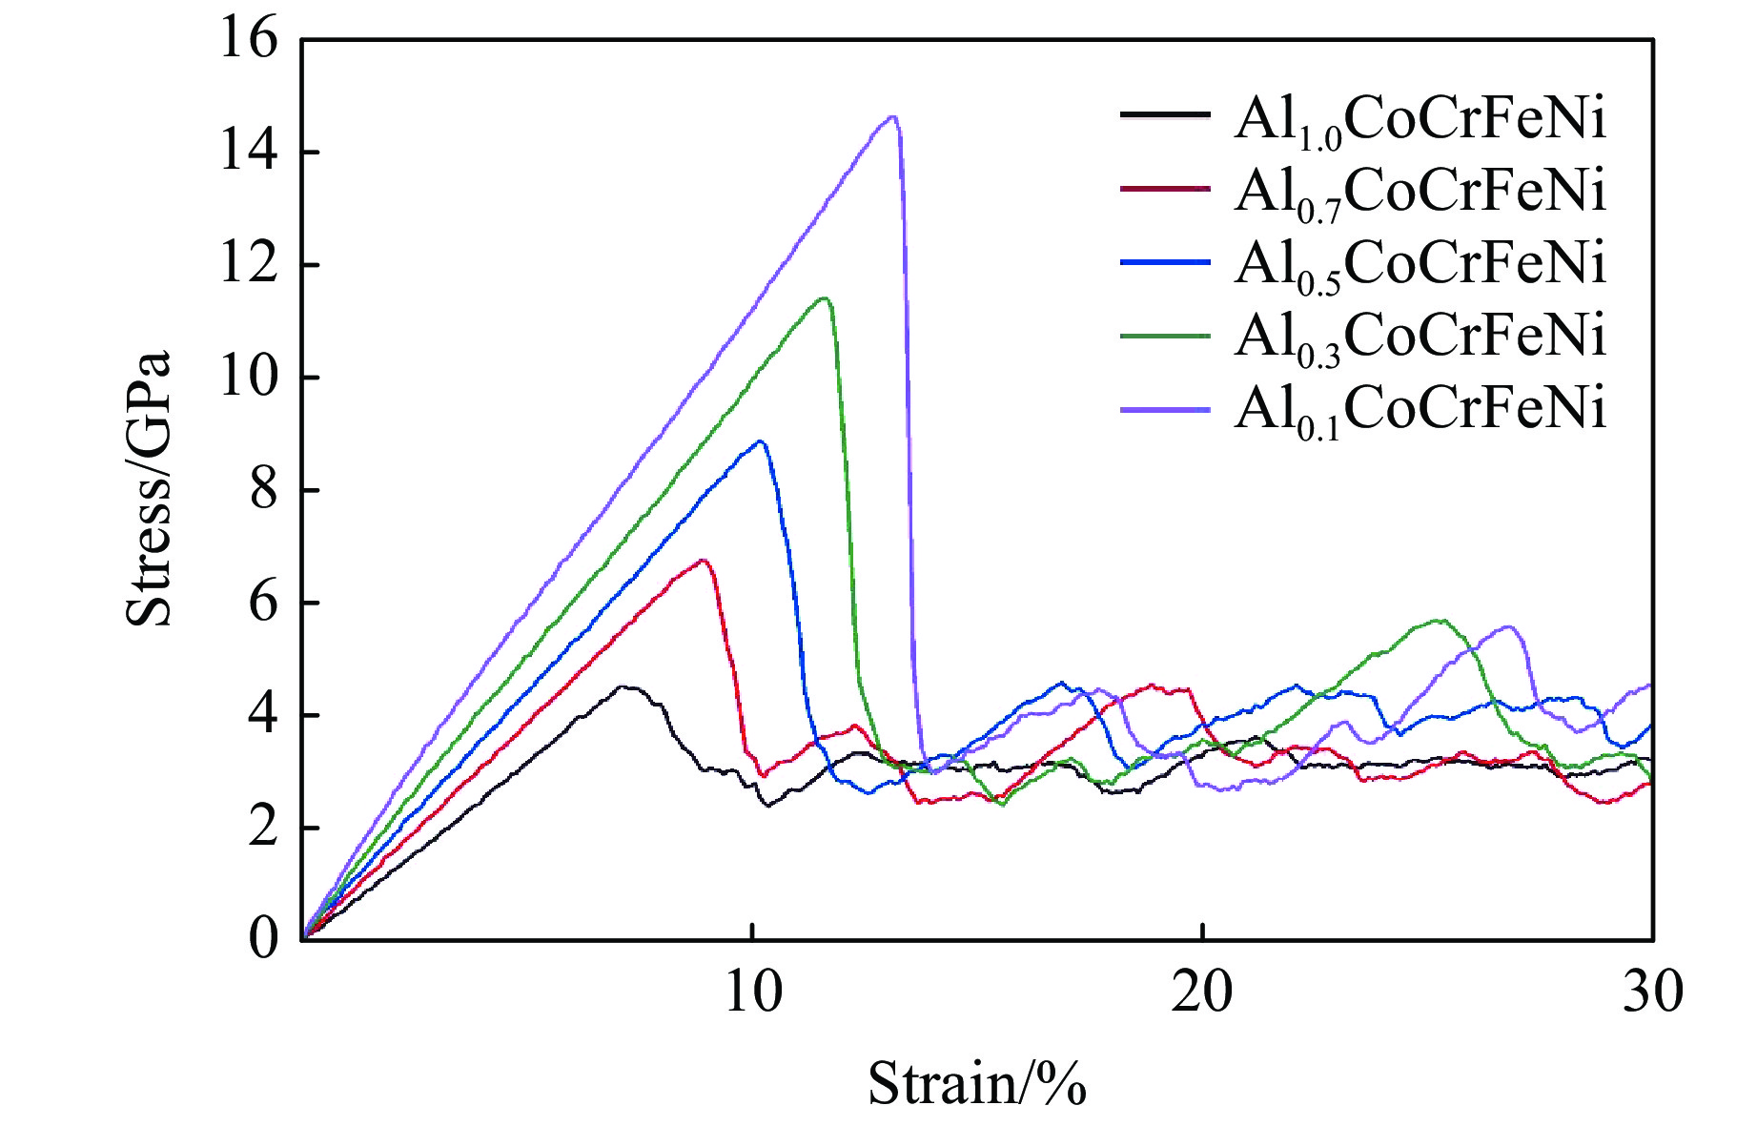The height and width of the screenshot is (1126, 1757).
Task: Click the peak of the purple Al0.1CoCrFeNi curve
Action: tap(892, 117)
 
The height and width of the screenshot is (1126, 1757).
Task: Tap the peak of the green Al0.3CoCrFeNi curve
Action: tap(824, 298)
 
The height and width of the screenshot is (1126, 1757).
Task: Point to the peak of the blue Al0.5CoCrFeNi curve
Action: tap(760, 440)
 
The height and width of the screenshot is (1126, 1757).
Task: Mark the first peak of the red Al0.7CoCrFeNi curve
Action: tap(704, 560)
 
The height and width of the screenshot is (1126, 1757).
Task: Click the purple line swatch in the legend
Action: tap(1165, 409)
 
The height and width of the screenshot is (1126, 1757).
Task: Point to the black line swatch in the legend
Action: tap(1165, 114)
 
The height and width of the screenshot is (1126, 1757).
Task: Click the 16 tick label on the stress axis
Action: tap(249, 40)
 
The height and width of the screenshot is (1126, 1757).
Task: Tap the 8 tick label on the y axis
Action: tap(264, 491)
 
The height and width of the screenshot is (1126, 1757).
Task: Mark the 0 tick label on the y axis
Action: tap(264, 939)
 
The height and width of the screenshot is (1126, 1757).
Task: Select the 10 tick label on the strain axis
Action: tap(753, 993)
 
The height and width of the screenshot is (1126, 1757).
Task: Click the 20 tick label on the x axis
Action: tap(1202, 993)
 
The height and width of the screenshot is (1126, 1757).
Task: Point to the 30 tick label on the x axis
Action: tap(1652, 993)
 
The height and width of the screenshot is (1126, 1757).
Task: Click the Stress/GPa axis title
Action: tap(149, 489)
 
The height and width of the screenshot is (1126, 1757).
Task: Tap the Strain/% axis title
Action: tap(977, 1084)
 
